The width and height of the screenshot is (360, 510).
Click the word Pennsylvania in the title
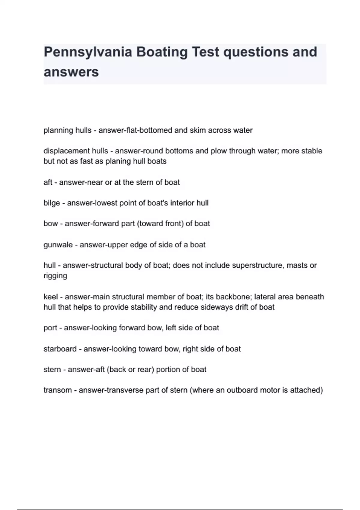[x=88, y=52]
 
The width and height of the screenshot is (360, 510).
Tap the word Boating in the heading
[x=162, y=52]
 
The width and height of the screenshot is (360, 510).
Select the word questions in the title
[x=254, y=52]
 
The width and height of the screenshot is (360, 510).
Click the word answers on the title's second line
[x=71, y=72]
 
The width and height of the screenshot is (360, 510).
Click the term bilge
[x=52, y=203]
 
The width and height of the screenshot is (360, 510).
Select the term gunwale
[x=58, y=245]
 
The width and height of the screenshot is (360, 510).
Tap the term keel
[x=50, y=297]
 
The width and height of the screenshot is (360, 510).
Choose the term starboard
[x=60, y=349]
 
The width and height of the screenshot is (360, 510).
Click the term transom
[x=57, y=390]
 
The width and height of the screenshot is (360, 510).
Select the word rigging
[x=55, y=276]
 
